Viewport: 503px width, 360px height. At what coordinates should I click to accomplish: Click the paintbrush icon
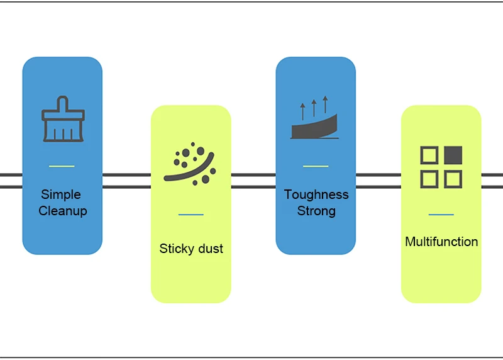[64, 119]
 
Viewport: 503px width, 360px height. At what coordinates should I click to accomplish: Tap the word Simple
[61, 194]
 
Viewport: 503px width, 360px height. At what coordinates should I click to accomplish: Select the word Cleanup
[63, 211]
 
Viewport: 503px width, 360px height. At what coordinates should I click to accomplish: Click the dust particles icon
[190, 164]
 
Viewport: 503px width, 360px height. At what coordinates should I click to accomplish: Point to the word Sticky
[177, 249]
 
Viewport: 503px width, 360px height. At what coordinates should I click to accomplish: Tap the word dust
[211, 249]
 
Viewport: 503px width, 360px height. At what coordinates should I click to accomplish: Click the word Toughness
[316, 195]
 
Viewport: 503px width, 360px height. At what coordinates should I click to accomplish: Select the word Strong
[316, 211]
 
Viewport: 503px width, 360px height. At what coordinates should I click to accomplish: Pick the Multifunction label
[441, 242]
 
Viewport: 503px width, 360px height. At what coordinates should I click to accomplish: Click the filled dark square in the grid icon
[453, 155]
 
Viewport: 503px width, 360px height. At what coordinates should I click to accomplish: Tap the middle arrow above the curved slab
[314, 108]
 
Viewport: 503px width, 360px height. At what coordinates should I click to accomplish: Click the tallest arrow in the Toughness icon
[326, 104]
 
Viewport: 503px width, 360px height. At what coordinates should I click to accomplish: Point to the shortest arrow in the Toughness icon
[302, 112]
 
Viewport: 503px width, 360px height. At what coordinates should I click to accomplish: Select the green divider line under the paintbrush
[62, 166]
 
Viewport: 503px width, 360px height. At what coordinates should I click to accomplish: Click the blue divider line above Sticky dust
[191, 214]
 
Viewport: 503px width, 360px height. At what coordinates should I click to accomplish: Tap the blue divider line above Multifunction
[441, 214]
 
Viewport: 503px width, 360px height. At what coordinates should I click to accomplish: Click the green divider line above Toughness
[316, 166]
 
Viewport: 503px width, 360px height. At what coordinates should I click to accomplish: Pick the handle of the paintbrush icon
[63, 103]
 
